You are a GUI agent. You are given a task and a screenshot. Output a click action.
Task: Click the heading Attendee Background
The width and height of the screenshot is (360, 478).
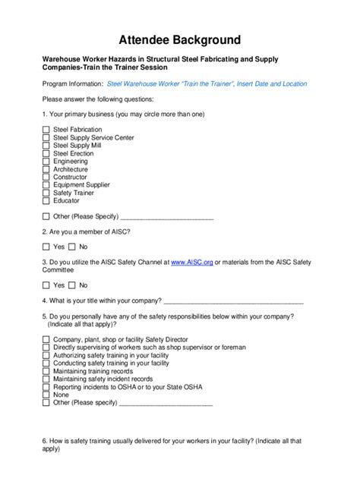tap(180, 39)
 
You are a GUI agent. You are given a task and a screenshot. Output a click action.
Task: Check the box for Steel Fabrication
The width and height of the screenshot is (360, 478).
tap(46, 130)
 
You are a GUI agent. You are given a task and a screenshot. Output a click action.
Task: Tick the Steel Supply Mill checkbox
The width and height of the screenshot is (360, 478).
tap(46, 146)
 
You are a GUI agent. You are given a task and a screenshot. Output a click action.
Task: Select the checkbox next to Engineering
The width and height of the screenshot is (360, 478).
tap(46, 162)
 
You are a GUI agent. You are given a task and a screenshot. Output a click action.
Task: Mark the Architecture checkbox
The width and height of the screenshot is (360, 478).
tap(46, 169)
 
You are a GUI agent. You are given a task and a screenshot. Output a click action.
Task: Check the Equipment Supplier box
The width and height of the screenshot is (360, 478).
tap(46, 185)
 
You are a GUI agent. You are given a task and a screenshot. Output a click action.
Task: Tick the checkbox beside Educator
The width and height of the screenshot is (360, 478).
tap(46, 201)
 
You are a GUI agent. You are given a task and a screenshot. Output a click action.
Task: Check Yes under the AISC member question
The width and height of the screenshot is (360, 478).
tap(46, 247)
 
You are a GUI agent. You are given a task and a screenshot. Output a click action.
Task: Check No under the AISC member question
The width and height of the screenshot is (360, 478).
tap(72, 247)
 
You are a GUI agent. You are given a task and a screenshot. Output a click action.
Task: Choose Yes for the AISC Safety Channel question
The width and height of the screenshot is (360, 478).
tap(46, 285)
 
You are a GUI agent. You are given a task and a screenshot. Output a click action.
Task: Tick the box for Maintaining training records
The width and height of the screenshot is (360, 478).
tap(46, 371)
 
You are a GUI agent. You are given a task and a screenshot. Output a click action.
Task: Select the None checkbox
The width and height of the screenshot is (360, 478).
tap(46, 395)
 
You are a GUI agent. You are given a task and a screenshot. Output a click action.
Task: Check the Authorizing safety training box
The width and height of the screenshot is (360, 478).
tap(46, 355)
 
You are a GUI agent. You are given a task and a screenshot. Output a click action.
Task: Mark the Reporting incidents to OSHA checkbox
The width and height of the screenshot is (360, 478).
tap(46, 387)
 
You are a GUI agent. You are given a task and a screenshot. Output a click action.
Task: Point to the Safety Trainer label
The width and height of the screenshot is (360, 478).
tap(74, 193)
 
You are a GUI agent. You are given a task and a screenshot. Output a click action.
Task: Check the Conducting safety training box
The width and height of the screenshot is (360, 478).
tap(46, 363)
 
